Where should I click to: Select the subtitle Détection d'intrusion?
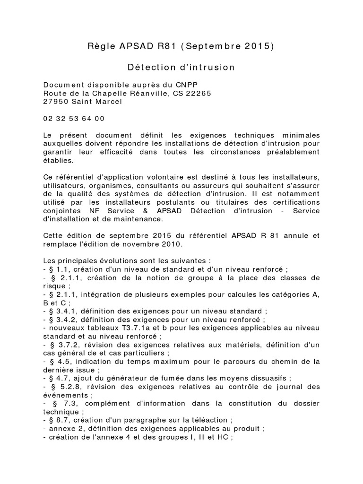click(181, 67)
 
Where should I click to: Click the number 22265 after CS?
click(197, 93)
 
